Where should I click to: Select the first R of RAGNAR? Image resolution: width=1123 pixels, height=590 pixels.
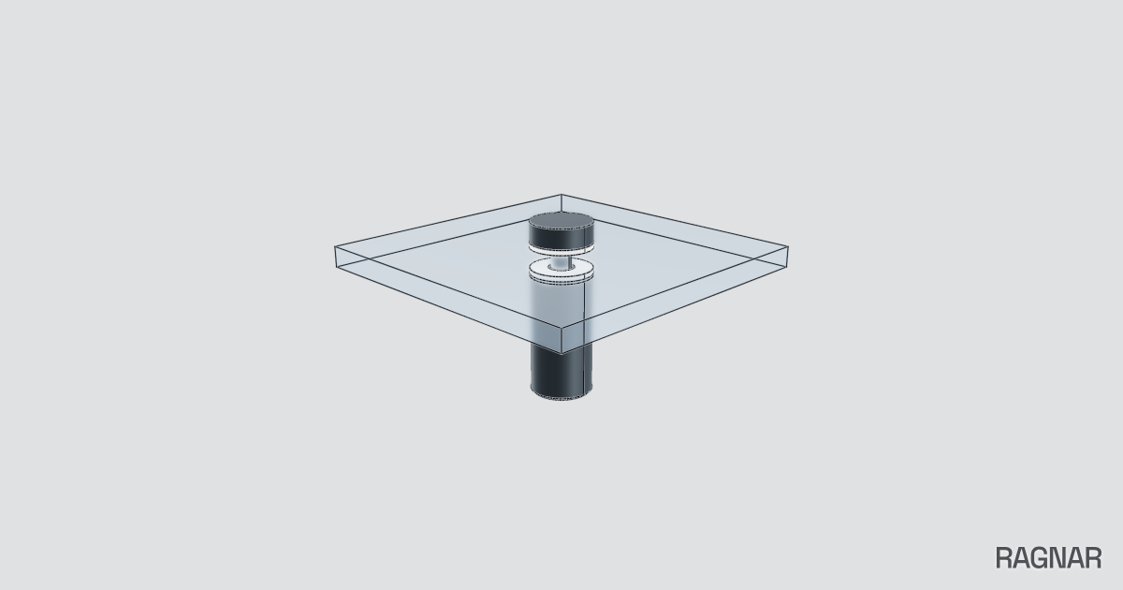1004,558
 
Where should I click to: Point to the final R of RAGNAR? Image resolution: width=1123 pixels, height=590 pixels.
1093,558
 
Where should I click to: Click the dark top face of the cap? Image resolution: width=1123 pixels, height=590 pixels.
561,221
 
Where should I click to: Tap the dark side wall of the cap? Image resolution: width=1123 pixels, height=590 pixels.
561,239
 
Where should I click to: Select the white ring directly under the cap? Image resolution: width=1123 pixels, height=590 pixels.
561,250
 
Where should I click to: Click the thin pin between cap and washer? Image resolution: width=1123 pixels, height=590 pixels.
561,262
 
